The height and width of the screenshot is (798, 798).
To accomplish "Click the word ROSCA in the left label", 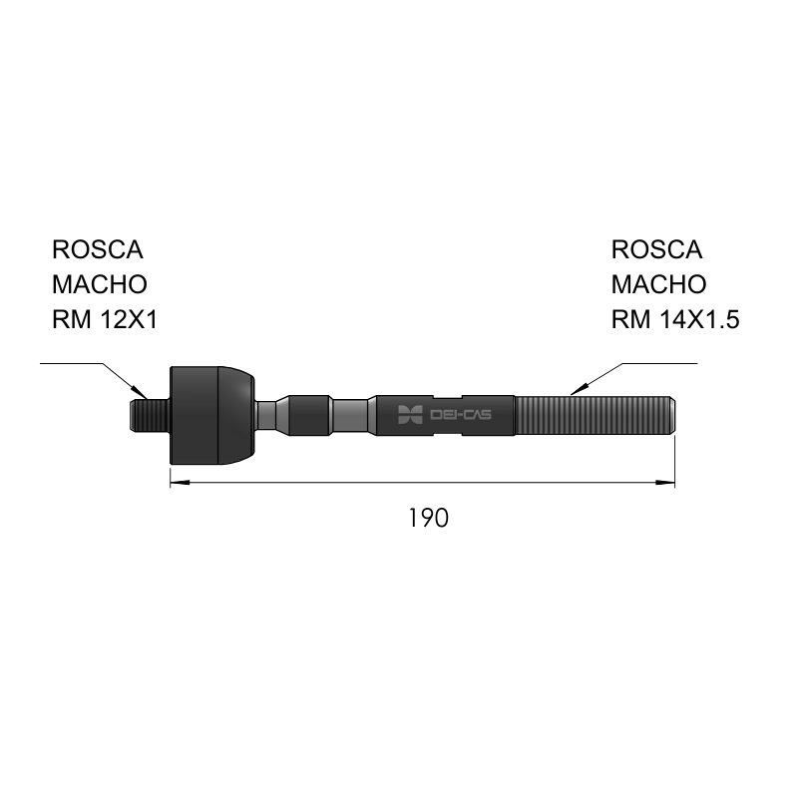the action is tap(98, 250).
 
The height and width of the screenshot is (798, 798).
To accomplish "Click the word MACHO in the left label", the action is tap(100, 284).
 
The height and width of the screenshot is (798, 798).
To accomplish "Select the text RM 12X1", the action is tap(106, 319).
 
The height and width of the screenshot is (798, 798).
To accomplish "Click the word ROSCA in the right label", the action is tap(656, 250).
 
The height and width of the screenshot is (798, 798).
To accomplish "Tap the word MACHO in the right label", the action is tap(658, 284).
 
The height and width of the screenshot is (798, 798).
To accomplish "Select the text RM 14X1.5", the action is tap(675, 319).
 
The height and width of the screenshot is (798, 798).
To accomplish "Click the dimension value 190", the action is tap(429, 518).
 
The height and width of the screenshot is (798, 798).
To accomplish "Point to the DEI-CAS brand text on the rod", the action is tap(461, 415).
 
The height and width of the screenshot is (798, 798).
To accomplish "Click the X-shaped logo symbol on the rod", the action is tap(410, 415).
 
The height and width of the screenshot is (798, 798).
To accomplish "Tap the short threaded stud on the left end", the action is tap(150, 415).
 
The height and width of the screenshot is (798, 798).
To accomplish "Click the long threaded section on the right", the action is tap(595, 415).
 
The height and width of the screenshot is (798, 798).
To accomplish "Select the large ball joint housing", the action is tap(212, 415).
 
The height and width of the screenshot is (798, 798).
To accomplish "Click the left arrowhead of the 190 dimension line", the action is tap(180, 482).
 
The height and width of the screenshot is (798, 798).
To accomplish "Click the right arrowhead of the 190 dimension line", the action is tap(665, 482).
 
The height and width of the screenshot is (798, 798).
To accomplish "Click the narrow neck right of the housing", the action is tap(265, 415).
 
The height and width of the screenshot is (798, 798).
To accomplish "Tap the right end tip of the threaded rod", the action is tap(675, 415).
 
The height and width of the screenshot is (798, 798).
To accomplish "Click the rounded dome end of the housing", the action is tap(236, 415).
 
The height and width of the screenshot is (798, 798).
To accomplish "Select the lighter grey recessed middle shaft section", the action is tap(350, 415).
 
